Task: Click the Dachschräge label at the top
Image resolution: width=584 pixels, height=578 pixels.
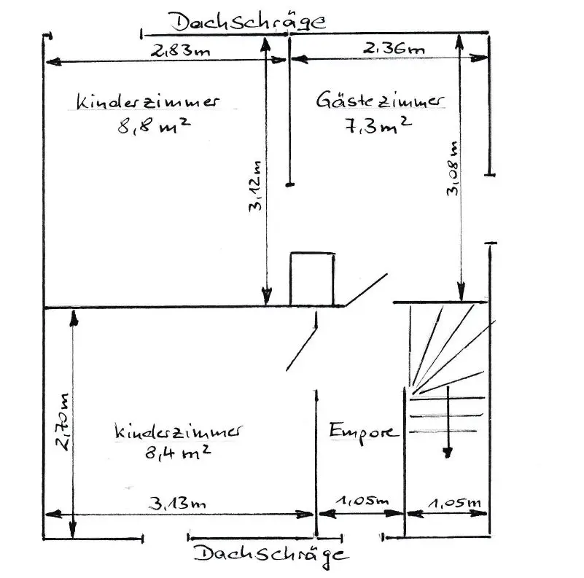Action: pos(248,21)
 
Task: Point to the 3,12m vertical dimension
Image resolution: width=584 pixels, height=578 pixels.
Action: pos(256,186)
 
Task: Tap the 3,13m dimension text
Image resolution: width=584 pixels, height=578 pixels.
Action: pos(178,503)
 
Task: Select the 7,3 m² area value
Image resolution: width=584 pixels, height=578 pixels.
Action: pos(376,125)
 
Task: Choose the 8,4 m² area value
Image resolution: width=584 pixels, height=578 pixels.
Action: pos(178,453)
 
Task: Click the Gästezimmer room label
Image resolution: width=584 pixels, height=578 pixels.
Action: pos(379,101)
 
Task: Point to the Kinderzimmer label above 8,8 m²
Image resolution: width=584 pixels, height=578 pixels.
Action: pos(148,101)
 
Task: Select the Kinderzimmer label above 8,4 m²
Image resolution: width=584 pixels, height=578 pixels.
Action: pos(179,431)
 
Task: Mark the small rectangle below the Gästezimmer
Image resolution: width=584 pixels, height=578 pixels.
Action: pos(312,278)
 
